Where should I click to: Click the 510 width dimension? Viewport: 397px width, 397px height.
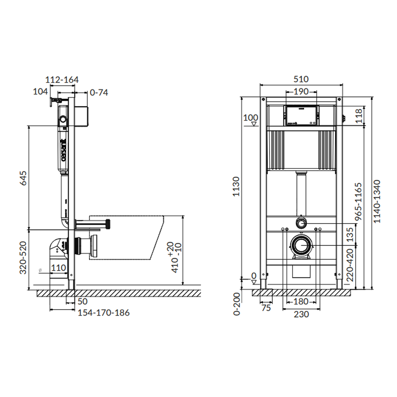(x=301, y=79)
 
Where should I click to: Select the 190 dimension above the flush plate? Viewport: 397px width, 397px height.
(x=301, y=91)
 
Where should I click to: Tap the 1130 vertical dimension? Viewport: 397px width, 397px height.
(x=236, y=187)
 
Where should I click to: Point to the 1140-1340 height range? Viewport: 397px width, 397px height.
(x=377, y=201)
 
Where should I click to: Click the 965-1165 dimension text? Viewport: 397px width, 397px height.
(x=358, y=202)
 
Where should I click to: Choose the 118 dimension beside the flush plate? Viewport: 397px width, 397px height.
(x=359, y=116)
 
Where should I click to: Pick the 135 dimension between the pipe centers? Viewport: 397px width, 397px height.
(x=350, y=235)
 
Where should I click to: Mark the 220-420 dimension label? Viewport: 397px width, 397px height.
(x=350, y=265)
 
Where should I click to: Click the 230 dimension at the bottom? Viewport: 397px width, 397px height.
(x=301, y=314)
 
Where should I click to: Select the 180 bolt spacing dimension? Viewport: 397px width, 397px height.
(x=301, y=302)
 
